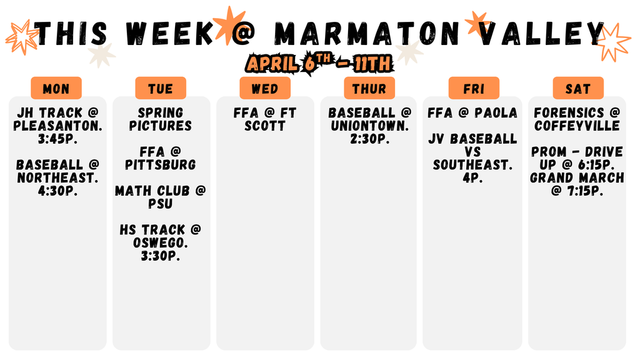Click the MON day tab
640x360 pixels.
tap(56, 89)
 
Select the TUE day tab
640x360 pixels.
tap(161, 89)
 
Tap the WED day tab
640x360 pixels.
tap(265, 89)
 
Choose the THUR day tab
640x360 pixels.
tap(369, 89)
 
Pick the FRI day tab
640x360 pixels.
tap(474, 89)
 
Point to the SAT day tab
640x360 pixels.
tap(578, 89)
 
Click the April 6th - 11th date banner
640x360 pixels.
tap(319, 63)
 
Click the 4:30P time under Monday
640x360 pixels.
tap(57, 191)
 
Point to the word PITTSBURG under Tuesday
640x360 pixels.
tap(161, 165)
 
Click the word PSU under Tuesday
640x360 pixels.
tap(161, 204)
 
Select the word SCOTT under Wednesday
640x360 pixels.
tap(265, 126)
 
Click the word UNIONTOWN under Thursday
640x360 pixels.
tap(369, 126)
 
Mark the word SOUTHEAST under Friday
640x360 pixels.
tap(473, 165)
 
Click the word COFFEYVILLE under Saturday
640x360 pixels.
tap(577, 126)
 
